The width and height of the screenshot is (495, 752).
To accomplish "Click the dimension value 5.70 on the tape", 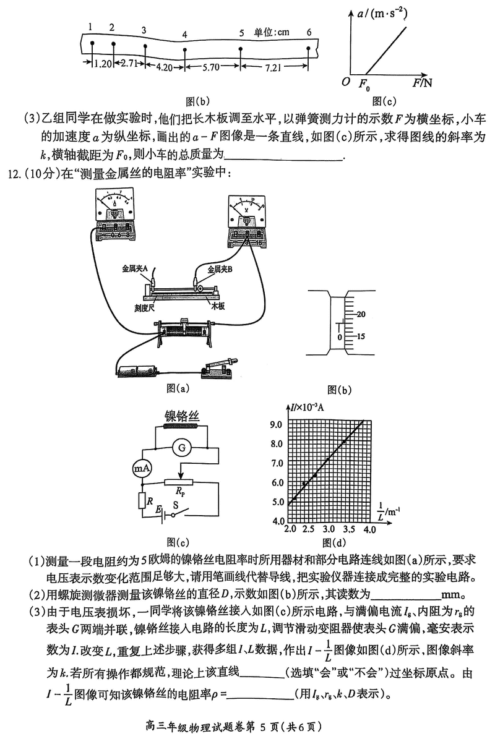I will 211,68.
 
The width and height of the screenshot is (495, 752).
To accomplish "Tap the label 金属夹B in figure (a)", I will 219,269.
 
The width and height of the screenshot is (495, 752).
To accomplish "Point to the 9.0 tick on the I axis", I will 277,424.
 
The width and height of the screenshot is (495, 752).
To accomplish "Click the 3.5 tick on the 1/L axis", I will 349,530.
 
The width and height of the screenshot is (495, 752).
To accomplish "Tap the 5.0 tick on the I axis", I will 277,502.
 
